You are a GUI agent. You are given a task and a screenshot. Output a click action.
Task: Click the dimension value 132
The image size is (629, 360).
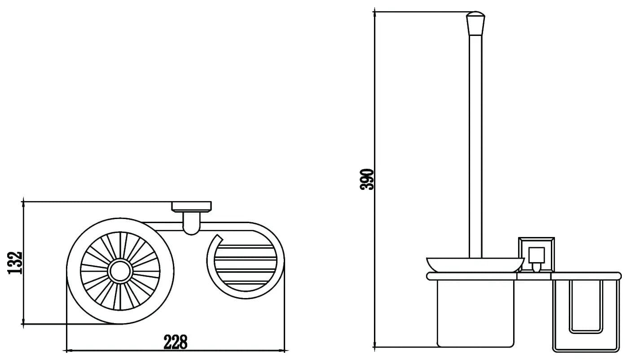tap(15, 263)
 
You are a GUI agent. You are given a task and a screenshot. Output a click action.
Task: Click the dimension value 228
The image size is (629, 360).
tap(176, 342)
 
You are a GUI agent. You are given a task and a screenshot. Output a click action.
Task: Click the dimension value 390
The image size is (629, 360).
tap(367, 180)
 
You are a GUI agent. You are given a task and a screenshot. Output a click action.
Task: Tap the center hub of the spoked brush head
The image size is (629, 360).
tap(120, 271)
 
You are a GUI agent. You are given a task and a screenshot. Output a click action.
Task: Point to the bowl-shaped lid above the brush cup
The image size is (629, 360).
tap(475, 264)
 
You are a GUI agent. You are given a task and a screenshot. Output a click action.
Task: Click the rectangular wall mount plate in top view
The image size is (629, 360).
tap(192, 206)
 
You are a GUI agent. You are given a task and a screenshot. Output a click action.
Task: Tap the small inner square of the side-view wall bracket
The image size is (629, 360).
tap(537, 255)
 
